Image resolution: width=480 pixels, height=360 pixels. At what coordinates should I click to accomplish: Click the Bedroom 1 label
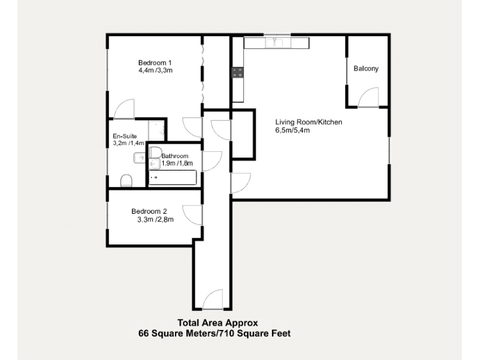155,62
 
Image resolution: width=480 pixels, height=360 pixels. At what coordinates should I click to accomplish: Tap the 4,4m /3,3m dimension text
155,71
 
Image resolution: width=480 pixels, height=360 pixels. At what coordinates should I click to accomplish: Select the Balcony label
366,69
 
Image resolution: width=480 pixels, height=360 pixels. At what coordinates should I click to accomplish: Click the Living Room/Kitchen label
309,122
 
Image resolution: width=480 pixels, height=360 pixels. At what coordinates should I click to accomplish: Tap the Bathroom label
175,156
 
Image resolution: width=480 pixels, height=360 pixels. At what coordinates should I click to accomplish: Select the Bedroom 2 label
149,211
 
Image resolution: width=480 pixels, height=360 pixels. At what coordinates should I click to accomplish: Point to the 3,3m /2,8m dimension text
155,219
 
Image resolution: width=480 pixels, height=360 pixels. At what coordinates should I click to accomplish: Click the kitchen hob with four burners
237,72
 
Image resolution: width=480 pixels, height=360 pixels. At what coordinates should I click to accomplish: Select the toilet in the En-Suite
126,181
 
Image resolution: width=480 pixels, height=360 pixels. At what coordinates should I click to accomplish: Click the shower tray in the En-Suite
156,129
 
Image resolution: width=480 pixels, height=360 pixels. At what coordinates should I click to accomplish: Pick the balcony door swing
369,97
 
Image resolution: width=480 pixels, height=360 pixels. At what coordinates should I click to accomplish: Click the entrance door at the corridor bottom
213,299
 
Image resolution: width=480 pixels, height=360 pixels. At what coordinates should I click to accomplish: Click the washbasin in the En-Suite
139,159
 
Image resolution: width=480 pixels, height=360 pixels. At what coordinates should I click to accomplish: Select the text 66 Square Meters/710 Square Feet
214,334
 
